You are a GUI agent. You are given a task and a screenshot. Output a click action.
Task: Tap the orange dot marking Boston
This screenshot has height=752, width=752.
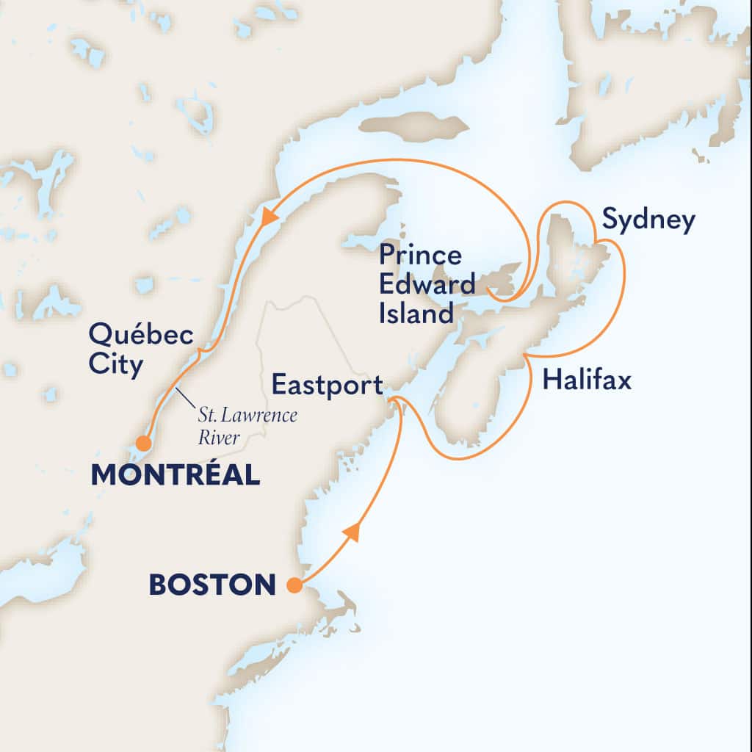click(x=294, y=585)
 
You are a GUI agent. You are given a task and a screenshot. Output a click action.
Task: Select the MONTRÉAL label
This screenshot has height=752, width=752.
click(x=176, y=474)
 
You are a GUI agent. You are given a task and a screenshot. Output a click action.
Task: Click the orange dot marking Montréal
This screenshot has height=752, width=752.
click(x=144, y=444)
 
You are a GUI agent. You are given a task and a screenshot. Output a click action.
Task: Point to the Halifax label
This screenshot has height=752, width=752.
click(x=586, y=381)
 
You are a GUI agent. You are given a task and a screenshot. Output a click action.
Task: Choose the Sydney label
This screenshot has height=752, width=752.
click(x=648, y=220)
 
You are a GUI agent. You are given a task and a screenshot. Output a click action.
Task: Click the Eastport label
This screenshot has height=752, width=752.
click(x=327, y=384)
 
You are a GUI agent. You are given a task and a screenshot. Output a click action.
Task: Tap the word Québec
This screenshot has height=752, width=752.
click(x=140, y=337)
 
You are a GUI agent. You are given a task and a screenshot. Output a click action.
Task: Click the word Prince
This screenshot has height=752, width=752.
click(x=420, y=256)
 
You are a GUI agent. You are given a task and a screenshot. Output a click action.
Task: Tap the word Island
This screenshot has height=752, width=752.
click(x=416, y=314)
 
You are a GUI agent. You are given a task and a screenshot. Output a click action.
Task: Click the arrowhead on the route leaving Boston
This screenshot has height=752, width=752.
click(x=352, y=532)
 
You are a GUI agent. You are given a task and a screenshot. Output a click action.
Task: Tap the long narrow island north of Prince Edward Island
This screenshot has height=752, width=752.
click(x=415, y=126)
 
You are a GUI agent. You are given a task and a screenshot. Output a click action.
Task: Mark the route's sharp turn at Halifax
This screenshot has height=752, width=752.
click(x=526, y=355)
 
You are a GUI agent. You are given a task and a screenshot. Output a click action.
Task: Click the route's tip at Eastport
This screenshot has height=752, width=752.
click(x=393, y=399)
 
